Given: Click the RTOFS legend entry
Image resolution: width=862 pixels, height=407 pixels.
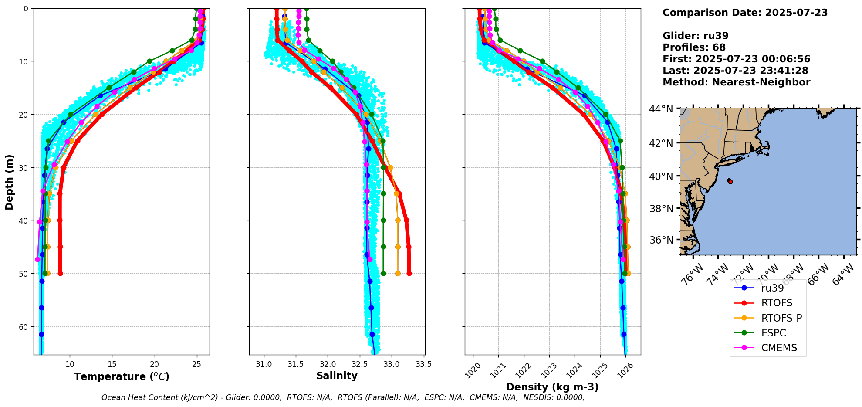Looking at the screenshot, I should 776,303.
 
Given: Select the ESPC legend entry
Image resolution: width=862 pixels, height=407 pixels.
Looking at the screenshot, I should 774,333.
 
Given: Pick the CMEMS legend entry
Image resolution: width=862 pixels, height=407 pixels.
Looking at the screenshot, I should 779,348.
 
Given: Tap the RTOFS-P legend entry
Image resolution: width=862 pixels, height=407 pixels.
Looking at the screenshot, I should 781,318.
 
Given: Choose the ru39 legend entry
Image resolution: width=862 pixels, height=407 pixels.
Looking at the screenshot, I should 772,288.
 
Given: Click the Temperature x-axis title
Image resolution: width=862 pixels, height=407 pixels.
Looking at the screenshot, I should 122,376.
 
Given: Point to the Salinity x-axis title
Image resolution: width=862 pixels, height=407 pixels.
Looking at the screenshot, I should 337,376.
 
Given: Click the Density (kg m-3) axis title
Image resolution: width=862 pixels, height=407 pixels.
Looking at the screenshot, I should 552,387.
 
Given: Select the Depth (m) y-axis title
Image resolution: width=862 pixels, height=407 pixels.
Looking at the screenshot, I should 10,182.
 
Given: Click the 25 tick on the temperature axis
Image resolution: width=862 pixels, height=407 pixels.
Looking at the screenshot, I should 196,364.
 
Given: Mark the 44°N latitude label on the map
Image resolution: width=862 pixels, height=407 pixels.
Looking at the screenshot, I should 662,109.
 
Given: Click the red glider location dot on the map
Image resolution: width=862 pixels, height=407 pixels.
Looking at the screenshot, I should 730,182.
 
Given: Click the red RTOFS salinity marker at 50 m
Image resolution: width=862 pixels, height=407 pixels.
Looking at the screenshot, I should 409,274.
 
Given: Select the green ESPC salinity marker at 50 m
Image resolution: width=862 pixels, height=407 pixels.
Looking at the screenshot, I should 383,274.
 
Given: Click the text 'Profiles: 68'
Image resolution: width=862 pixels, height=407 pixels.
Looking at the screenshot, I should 694,47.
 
